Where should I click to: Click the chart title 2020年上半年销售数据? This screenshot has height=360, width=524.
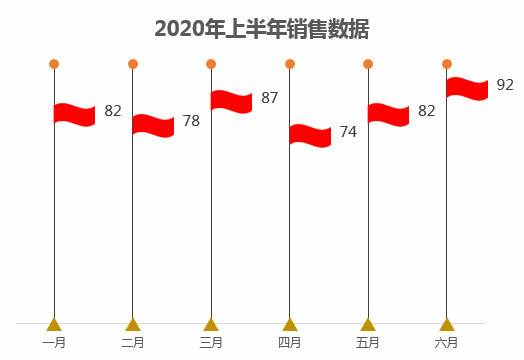pyautogui.click(x=262, y=29)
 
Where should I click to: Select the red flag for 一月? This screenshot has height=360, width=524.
pyautogui.click(x=75, y=114)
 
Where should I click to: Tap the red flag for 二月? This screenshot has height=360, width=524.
pyautogui.click(x=153, y=125)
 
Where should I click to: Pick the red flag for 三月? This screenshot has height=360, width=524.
pyautogui.click(x=232, y=101)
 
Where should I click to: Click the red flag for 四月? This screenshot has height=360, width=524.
pyautogui.click(x=310, y=135)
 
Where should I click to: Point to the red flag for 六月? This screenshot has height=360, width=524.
pyautogui.click(x=467, y=88)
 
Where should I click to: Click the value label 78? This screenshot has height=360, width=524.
pyautogui.click(x=191, y=122)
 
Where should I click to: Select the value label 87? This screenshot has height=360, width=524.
pyautogui.click(x=269, y=98)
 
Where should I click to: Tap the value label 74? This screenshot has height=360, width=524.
pyautogui.click(x=348, y=132)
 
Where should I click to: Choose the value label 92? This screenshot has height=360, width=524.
pyautogui.click(x=505, y=85)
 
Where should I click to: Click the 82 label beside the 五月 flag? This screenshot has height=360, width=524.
pyautogui.click(x=426, y=111)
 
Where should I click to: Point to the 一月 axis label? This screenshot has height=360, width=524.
pyautogui.click(x=54, y=343)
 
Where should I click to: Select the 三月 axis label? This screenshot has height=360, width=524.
pyautogui.click(x=211, y=343)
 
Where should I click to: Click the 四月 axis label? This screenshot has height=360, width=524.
pyautogui.click(x=289, y=343)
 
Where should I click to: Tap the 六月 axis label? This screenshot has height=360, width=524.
pyautogui.click(x=447, y=343)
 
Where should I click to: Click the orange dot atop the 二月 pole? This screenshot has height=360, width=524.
pyautogui.click(x=133, y=64)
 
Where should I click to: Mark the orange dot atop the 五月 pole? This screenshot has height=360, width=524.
pyautogui.click(x=368, y=64)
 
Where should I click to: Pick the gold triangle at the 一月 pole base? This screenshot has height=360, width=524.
pyautogui.click(x=54, y=324)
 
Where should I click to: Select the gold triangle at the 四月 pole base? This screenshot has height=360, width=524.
pyautogui.click(x=290, y=324)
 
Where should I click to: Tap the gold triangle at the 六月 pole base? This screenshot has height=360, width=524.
pyautogui.click(x=447, y=324)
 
